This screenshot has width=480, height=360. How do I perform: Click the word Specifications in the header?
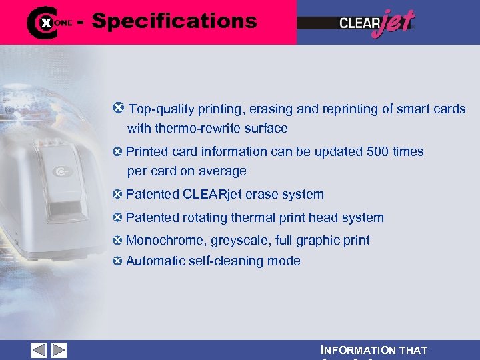pyautogui.click(x=174, y=21)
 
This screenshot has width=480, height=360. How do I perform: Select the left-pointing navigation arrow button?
pyautogui.click(x=39, y=351)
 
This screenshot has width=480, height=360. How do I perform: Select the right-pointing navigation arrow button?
pyautogui.click(x=59, y=351)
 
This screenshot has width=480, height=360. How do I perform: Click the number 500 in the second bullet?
pyautogui.click(x=378, y=151)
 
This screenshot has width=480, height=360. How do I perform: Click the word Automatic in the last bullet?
pyautogui.click(x=155, y=261)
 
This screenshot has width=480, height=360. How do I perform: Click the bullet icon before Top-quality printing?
pyautogui.click(x=119, y=107)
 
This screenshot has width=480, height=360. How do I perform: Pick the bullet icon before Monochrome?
pyautogui.click(x=118, y=240)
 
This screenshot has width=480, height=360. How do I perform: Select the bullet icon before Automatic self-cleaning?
pyautogui.click(x=118, y=261)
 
